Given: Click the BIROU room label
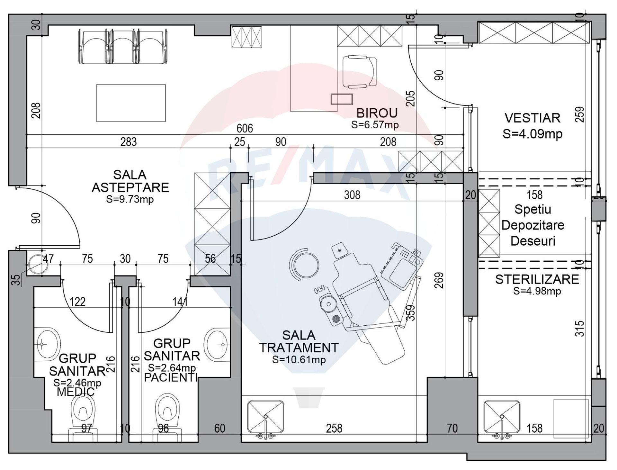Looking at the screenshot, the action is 377,113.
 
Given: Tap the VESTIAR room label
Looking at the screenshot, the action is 532,118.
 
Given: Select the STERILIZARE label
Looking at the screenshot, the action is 537,279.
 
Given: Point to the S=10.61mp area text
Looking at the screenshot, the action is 299,360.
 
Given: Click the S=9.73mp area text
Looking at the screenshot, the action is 130,199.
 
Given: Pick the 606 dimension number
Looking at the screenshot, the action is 245,129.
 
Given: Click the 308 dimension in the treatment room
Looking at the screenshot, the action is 352,195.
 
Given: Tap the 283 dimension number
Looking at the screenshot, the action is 129,142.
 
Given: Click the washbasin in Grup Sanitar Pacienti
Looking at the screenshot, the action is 217,344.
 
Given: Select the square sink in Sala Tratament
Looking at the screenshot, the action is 265,417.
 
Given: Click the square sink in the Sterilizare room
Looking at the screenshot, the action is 502,417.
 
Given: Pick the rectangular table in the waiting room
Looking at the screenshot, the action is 131,103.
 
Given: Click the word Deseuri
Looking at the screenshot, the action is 533,241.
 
